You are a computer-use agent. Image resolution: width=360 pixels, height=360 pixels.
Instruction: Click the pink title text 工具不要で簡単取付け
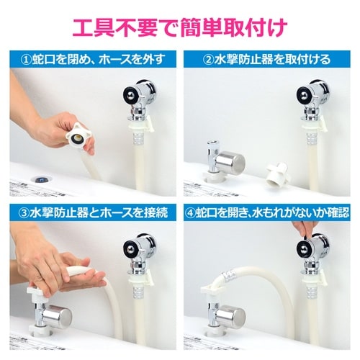pos(180,27)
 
